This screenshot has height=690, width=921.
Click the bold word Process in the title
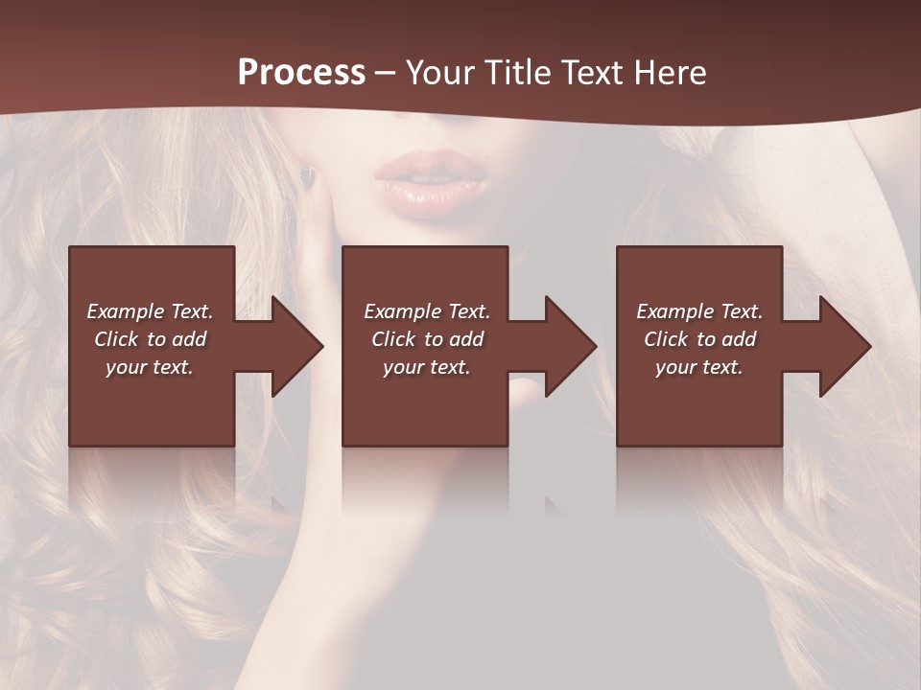tap(301, 73)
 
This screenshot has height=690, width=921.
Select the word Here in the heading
tap(671, 73)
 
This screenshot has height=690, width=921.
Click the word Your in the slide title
tap(440, 73)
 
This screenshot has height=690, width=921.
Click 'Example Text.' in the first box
tap(150, 311)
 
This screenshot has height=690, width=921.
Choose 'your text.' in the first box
tap(150, 367)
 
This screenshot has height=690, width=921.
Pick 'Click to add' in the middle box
tap(427, 339)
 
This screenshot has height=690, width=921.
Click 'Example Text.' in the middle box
tap(427, 311)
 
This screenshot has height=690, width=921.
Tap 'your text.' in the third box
tap(699, 367)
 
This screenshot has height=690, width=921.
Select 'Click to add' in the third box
tap(699, 339)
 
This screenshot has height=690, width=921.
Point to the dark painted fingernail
tap(307, 177)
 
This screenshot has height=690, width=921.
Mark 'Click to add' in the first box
tap(150, 339)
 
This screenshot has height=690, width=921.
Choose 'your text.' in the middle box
tap(427, 367)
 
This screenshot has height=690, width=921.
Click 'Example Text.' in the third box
tap(699, 311)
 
